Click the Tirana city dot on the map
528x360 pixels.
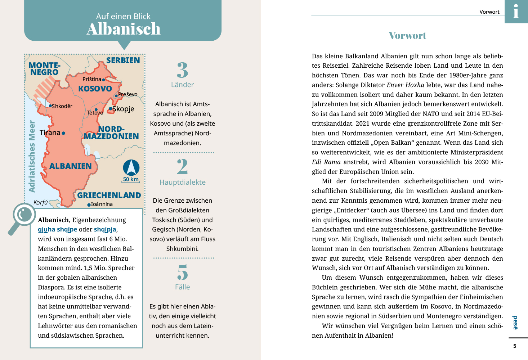pyautogui.click(x=63, y=133)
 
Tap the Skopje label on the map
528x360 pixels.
pyautogui.click(x=123, y=109)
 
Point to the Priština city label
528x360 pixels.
pyautogui.click(x=92, y=79)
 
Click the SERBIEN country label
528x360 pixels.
pyautogui.click(x=123, y=60)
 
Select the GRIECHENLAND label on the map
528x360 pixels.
pyautogui.click(x=109, y=195)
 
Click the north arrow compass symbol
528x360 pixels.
pyautogui.click(x=131, y=167)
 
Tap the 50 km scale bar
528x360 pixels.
pyautogui.click(x=131, y=180)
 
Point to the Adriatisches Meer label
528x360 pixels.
pyautogui.click(x=32, y=156)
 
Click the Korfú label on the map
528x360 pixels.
pyautogui.click(x=40, y=202)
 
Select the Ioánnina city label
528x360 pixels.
pyautogui.click(x=102, y=204)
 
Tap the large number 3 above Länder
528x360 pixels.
pyautogui.click(x=183, y=70)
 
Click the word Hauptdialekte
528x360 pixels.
pyautogui.click(x=183, y=182)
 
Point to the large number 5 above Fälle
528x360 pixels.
pyautogui.click(x=183, y=272)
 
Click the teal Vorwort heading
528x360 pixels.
pyautogui.click(x=407, y=35)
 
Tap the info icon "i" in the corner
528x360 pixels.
pyautogui.click(x=516, y=11)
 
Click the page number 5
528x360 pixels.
pyautogui.click(x=515, y=346)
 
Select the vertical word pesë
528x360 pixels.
pyautogui.click(x=515, y=323)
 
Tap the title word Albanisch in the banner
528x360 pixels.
pyautogui.click(x=124, y=29)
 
